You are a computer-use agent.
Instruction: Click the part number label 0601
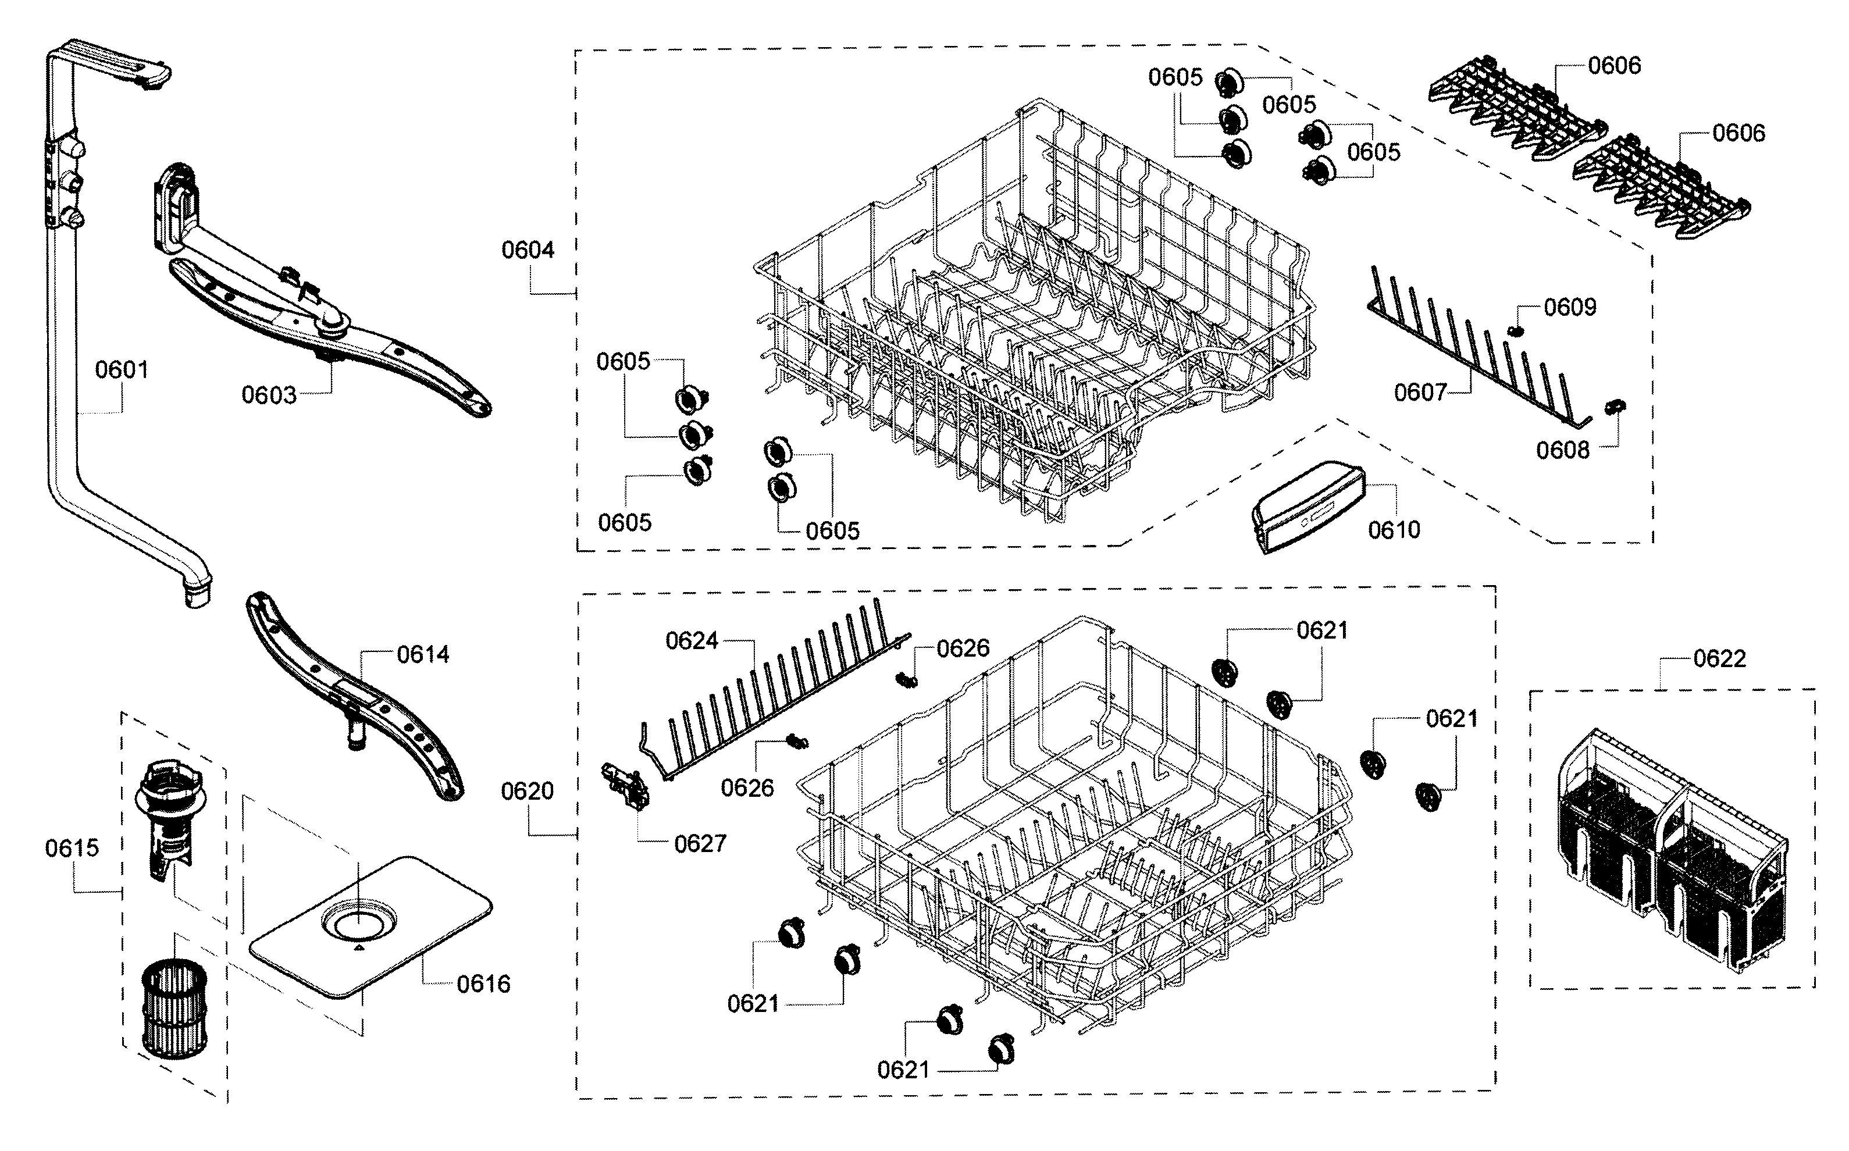(122, 370)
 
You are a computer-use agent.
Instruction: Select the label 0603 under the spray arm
(269, 395)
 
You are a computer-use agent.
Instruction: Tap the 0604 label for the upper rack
(528, 250)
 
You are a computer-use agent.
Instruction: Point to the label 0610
(1394, 530)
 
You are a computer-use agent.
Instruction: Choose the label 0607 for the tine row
(1420, 393)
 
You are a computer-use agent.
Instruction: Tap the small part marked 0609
(1516, 330)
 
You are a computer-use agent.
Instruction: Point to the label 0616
(483, 984)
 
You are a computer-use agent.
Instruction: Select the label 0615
(72, 848)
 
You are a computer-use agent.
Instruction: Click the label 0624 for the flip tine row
(692, 641)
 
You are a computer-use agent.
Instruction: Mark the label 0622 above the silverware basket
(1719, 658)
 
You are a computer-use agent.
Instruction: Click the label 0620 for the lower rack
(528, 792)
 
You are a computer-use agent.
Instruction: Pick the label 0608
(1563, 451)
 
